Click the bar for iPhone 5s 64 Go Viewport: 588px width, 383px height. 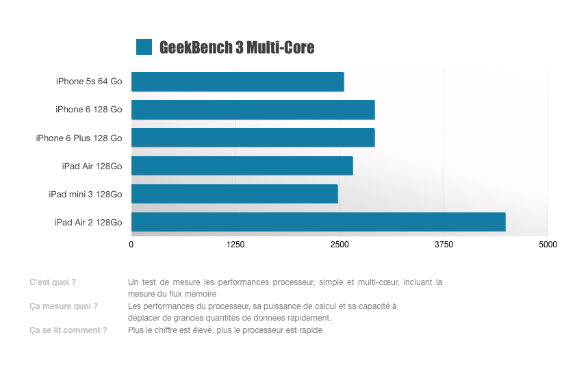tap(238, 82)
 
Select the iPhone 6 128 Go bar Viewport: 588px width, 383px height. tap(253, 110)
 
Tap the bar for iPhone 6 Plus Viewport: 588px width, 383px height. tap(253, 138)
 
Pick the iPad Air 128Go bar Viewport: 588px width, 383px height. tap(242, 166)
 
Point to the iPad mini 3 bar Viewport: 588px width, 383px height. tap(234, 194)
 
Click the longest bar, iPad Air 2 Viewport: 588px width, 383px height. tap(318, 222)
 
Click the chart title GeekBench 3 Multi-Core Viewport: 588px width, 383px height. tap(236, 47)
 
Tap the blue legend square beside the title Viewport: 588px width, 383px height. tap(144, 47)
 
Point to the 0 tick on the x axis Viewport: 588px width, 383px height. tap(131, 245)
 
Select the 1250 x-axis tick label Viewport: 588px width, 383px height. tap(235, 245)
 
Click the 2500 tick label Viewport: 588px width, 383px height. tap(340, 245)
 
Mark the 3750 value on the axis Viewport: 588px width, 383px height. tap(444, 245)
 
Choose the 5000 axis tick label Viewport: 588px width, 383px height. tap(548, 245)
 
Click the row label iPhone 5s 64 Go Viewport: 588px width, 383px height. tap(89, 82)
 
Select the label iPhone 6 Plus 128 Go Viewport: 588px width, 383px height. tap(79, 138)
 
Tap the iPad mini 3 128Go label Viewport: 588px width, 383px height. tap(85, 195)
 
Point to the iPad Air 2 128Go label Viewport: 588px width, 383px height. tap(88, 223)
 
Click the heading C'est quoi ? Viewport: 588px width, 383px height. tap(53, 282)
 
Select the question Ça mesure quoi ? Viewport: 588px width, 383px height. tap(63, 306)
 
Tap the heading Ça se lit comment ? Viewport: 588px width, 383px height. tap(68, 330)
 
